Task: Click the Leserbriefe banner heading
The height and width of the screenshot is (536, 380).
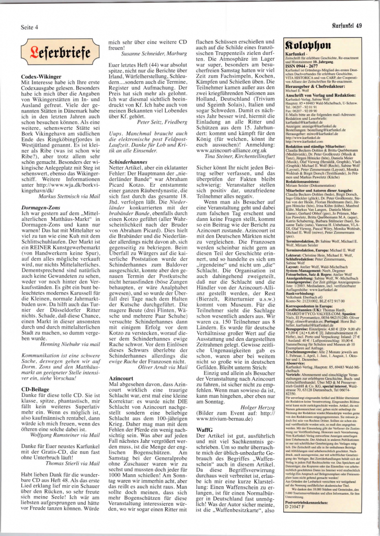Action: click(57, 52)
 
